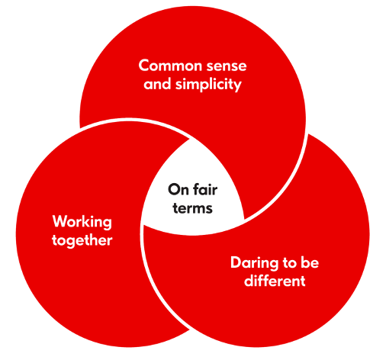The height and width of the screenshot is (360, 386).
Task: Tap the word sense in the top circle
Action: (x=227, y=66)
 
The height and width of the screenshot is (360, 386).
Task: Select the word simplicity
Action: (x=208, y=85)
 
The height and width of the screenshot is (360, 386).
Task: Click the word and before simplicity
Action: (x=157, y=84)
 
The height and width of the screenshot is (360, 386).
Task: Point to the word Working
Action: (x=82, y=222)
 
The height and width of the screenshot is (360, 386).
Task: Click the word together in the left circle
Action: (x=82, y=240)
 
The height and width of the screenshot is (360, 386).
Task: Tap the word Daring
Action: (x=254, y=262)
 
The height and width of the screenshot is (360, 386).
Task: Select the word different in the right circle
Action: (x=275, y=281)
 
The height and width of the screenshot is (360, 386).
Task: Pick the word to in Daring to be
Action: (x=290, y=263)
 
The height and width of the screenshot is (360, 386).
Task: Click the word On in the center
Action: (x=178, y=190)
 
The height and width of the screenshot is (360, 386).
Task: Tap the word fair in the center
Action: (x=205, y=189)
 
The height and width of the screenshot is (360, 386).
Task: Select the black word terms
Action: (x=192, y=208)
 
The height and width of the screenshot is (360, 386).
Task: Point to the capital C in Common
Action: (x=144, y=66)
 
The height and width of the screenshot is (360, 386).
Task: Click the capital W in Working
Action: (x=60, y=221)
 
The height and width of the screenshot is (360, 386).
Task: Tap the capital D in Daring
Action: (x=236, y=262)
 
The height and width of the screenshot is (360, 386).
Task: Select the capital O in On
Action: (x=174, y=190)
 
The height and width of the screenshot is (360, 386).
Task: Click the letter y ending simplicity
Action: (x=237, y=86)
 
